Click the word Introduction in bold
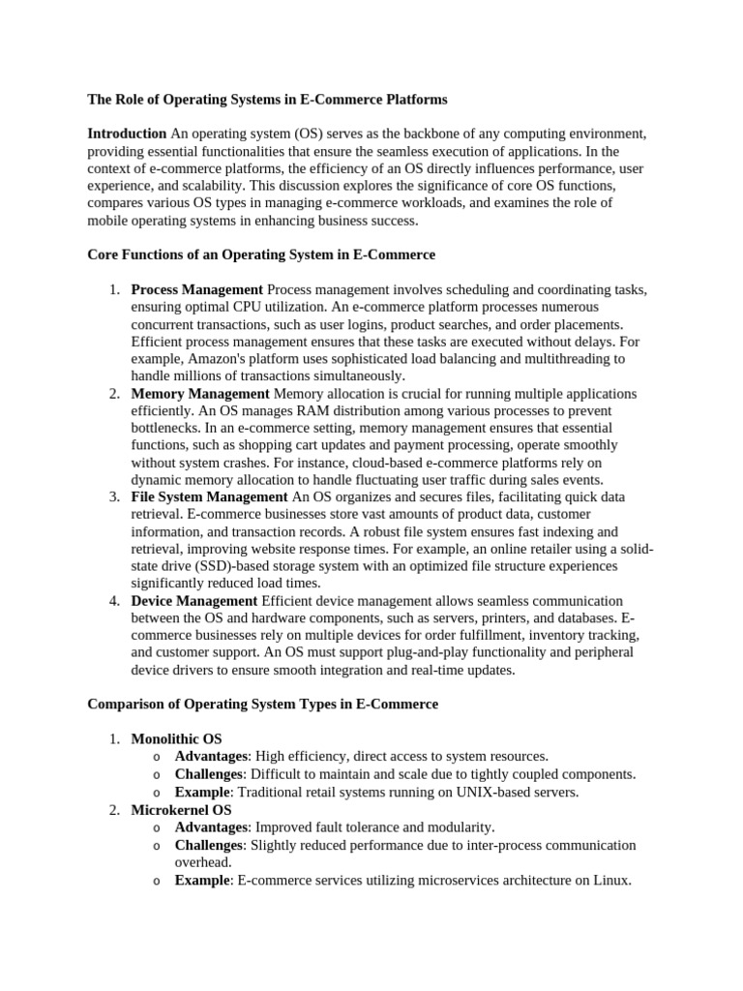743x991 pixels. pyautogui.click(x=127, y=134)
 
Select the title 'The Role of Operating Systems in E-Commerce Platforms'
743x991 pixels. pyautogui.click(x=267, y=99)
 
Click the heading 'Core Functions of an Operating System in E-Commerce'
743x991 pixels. pyautogui.click(x=261, y=255)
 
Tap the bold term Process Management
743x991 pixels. pyautogui.click(x=196, y=290)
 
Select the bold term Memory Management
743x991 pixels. pyautogui.click(x=200, y=394)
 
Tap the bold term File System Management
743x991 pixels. pyautogui.click(x=209, y=497)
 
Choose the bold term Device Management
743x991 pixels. pyautogui.click(x=193, y=601)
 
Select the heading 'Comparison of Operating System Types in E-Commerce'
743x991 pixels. pyautogui.click(x=262, y=705)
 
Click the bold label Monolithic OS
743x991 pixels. pyautogui.click(x=176, y=739)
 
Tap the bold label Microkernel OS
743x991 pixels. pyautogui.click(x=181, y=809)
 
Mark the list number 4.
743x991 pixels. pyautogui.click(x=113, y=601)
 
